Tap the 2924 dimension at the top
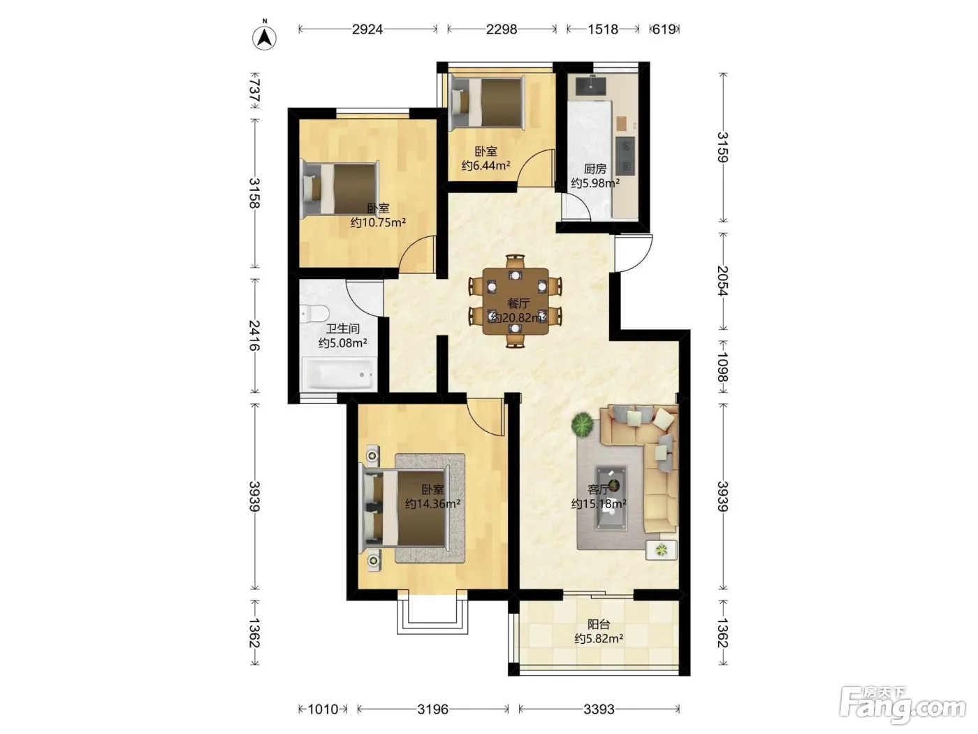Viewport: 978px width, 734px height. tap(367, 29)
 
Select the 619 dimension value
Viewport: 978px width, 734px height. tap(664, 29)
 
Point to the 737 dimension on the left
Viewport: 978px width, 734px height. tap(255, 90)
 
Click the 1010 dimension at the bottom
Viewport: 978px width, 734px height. tap(323, 709)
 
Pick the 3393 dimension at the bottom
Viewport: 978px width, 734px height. tap(599, 709)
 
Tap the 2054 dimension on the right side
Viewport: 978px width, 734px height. tap(723, 281)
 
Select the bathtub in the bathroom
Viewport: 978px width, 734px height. tap(339, 373)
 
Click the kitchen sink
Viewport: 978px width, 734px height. tap(591, 86)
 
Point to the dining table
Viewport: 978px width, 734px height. tap(516, 301)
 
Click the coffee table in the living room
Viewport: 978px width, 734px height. tap(611, 498)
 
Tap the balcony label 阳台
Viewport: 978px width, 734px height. tap(599, 624)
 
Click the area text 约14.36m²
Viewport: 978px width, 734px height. tap(432, 504)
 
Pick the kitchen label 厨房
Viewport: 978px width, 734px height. tap(595, 169)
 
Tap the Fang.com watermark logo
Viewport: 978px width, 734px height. tap(903, 705)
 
